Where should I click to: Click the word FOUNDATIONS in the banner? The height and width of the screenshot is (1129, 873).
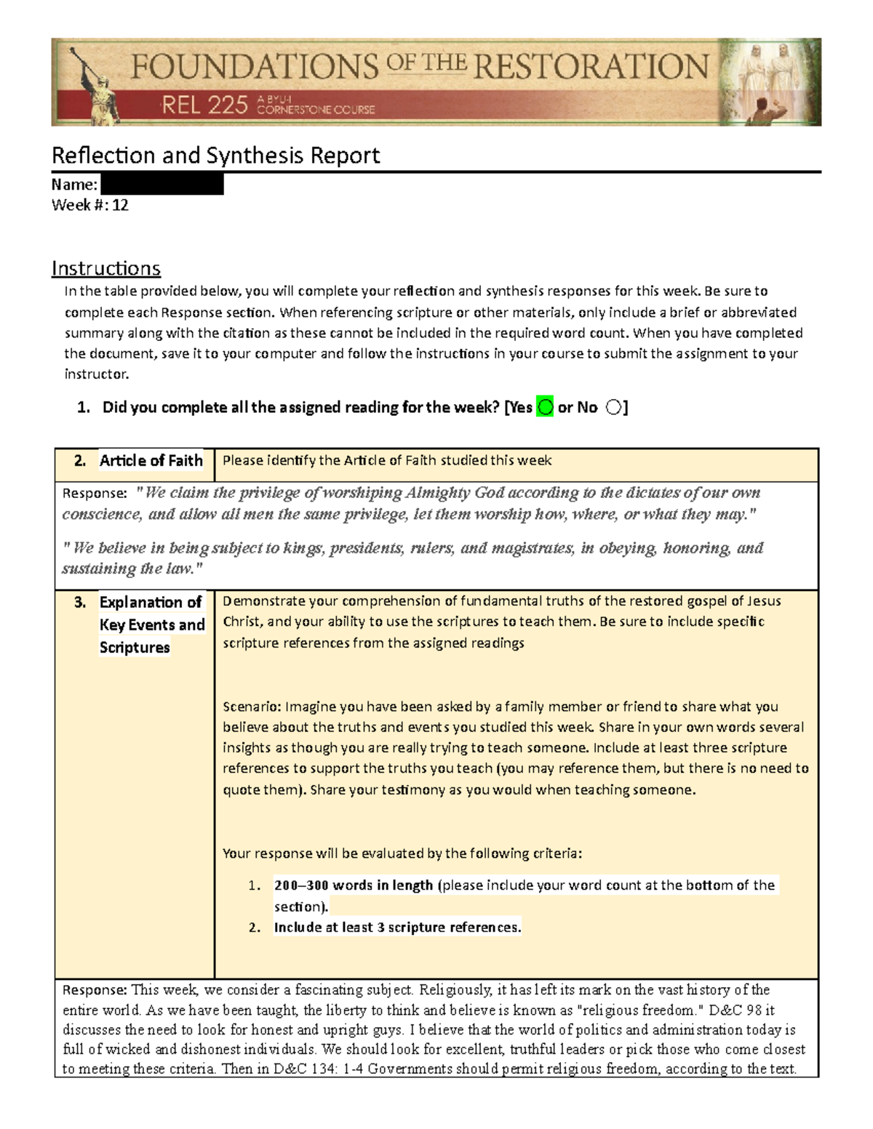tap(254, 67)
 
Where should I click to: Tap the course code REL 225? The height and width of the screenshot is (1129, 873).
tap(204, 106)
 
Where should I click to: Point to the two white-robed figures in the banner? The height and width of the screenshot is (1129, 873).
tap(770, 73)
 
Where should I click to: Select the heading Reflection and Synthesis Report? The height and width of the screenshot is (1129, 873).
tap(215, 155)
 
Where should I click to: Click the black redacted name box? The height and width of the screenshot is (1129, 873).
tap(162, 185)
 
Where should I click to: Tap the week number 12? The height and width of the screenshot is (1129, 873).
tap(120, 205)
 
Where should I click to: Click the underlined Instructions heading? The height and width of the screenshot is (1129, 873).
tap(105, 268)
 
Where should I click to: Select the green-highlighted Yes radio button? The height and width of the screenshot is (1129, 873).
tap(545, 407)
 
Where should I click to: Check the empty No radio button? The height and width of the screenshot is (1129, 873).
tap(613, 407)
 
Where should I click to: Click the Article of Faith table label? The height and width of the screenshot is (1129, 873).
tap(151, 461)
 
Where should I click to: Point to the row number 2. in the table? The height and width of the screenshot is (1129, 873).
tap(80, 461)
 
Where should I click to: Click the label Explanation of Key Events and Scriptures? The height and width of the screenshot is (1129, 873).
tap(151, 624)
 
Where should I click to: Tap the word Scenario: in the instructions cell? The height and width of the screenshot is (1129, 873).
tap(252, 707)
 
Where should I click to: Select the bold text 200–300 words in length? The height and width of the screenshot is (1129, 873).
tap(354, 885)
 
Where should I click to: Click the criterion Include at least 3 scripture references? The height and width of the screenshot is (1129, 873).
tap(397, 928)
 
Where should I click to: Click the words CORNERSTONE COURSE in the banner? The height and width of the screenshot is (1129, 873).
tap(316, 111)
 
